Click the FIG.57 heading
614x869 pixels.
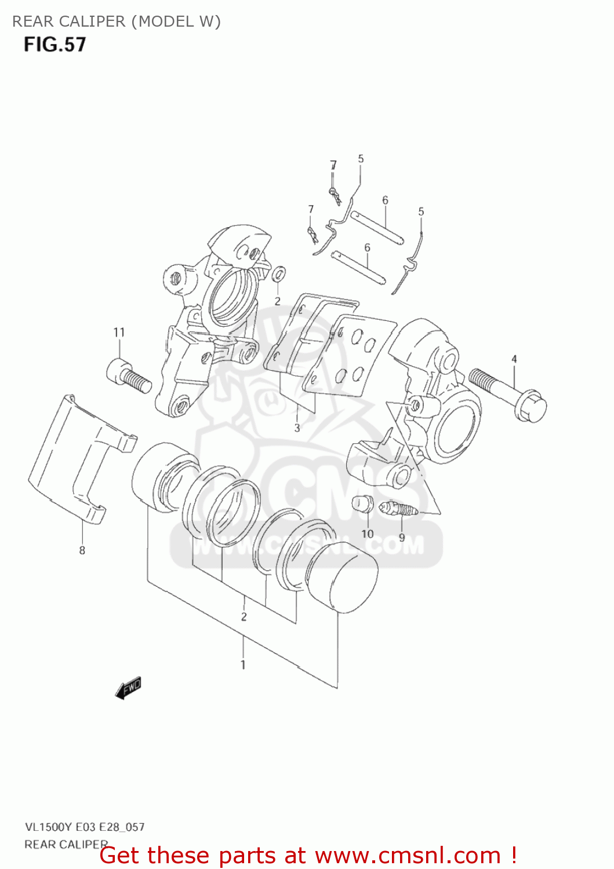[55, 45]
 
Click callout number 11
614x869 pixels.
[119, 333]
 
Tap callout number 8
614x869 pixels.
[82, 550]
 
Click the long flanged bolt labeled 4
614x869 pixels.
[508, 393]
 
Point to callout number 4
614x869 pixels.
[514, 359]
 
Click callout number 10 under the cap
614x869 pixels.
[368, 534]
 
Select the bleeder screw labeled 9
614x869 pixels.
[399, 510]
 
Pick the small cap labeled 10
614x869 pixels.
[362, 503]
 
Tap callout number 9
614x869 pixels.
[402, 538]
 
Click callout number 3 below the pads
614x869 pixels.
[297, 428]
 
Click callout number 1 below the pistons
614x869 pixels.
[243, 664]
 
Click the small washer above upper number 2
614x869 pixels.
[278, 273]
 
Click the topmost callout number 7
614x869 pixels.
[333, 165]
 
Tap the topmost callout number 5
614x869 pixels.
[361, 159]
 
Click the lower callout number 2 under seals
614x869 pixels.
[244, 616]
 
